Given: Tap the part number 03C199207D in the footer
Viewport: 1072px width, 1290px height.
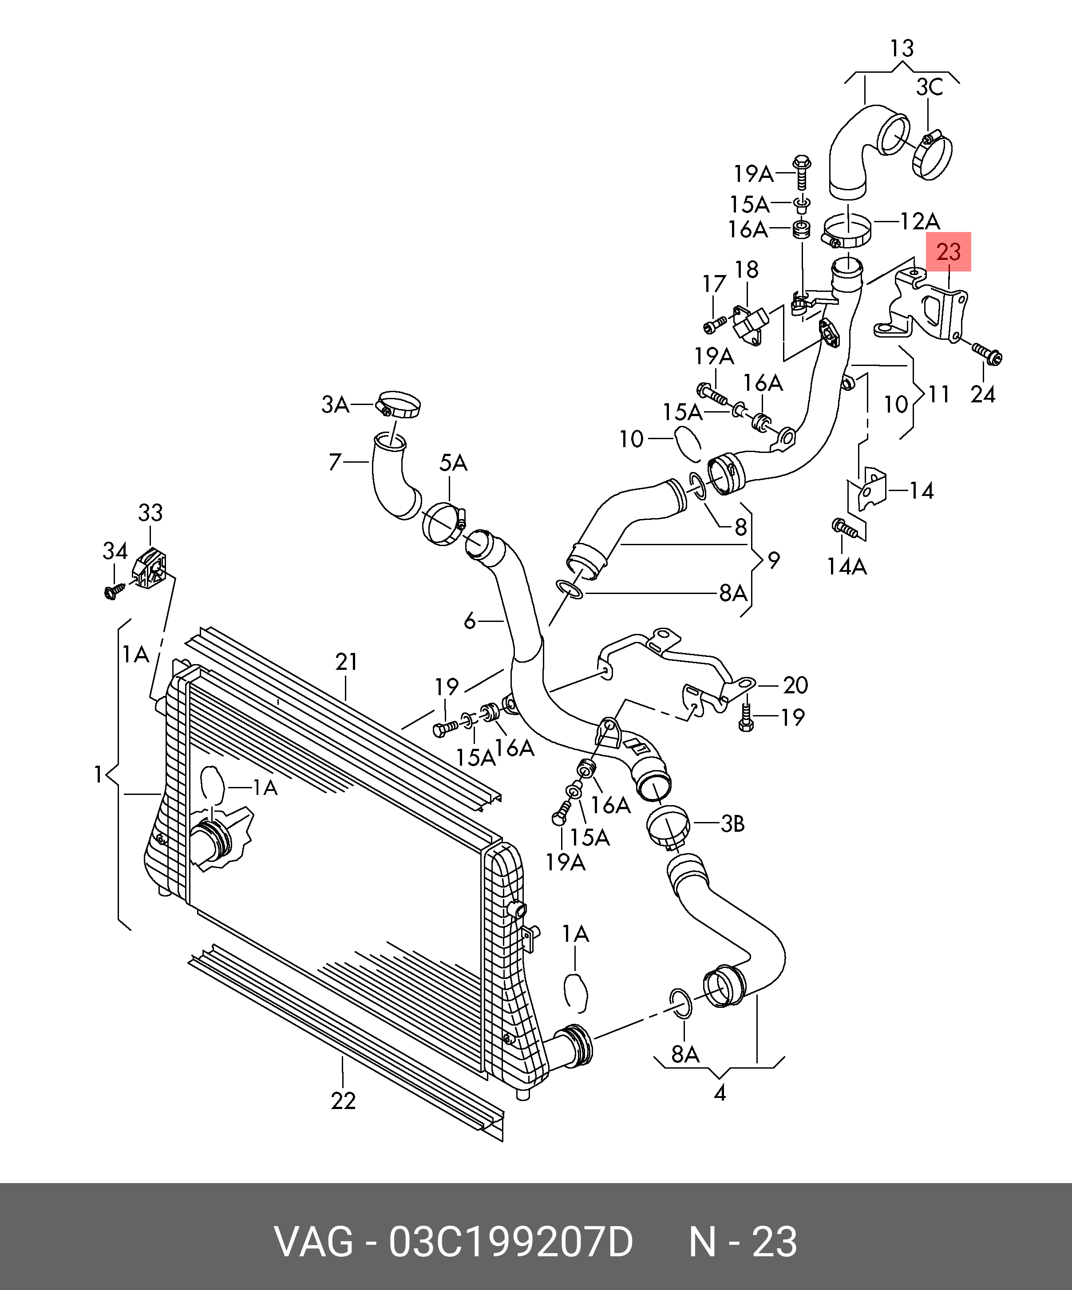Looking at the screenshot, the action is pos(510,1242).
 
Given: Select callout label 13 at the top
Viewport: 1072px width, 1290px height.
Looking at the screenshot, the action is pos(902,48).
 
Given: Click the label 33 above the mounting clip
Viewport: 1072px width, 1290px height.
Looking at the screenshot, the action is pos(150,512).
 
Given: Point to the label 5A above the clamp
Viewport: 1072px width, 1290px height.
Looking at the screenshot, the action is pos(453,463).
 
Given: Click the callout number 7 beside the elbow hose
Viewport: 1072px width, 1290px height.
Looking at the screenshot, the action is pos(334,462).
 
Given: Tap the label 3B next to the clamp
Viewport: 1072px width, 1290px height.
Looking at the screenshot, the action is pos(732,824).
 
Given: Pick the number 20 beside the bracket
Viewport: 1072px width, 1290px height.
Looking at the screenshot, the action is pos(795,685).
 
